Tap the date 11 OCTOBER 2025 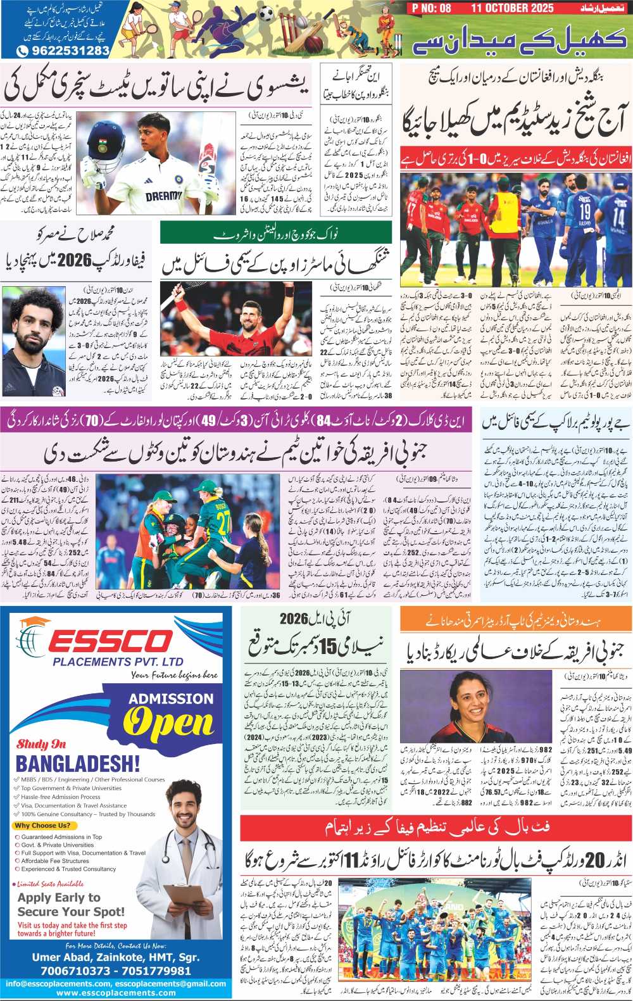[x=512, y=8]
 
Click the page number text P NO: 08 [x=431, y=8]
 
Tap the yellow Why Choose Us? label [x=43, y=826]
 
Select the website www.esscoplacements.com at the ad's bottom [x=116, y=993]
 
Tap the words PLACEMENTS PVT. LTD [x=118, y=662]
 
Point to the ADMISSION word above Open [x=171, y=699]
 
